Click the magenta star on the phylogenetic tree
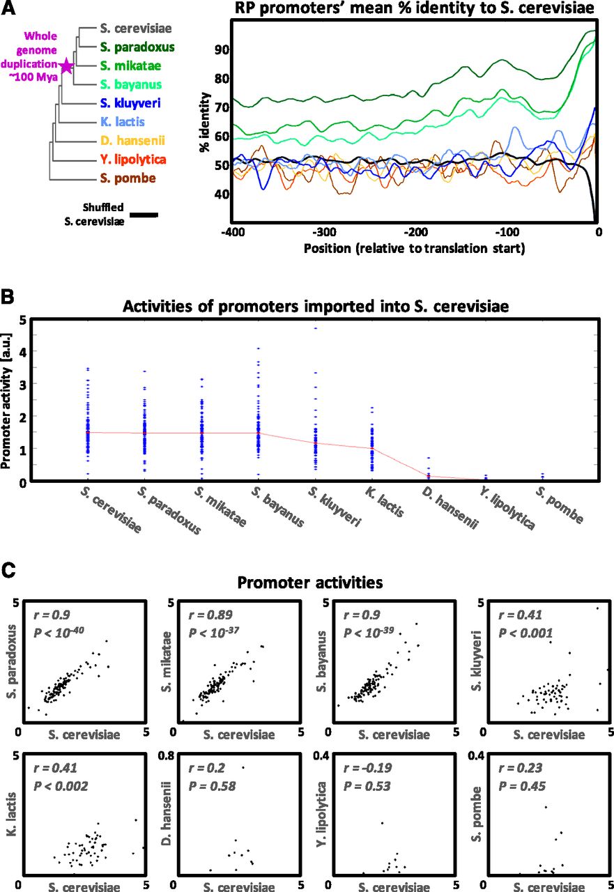66,67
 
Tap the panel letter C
9,570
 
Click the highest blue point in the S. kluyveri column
315,328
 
